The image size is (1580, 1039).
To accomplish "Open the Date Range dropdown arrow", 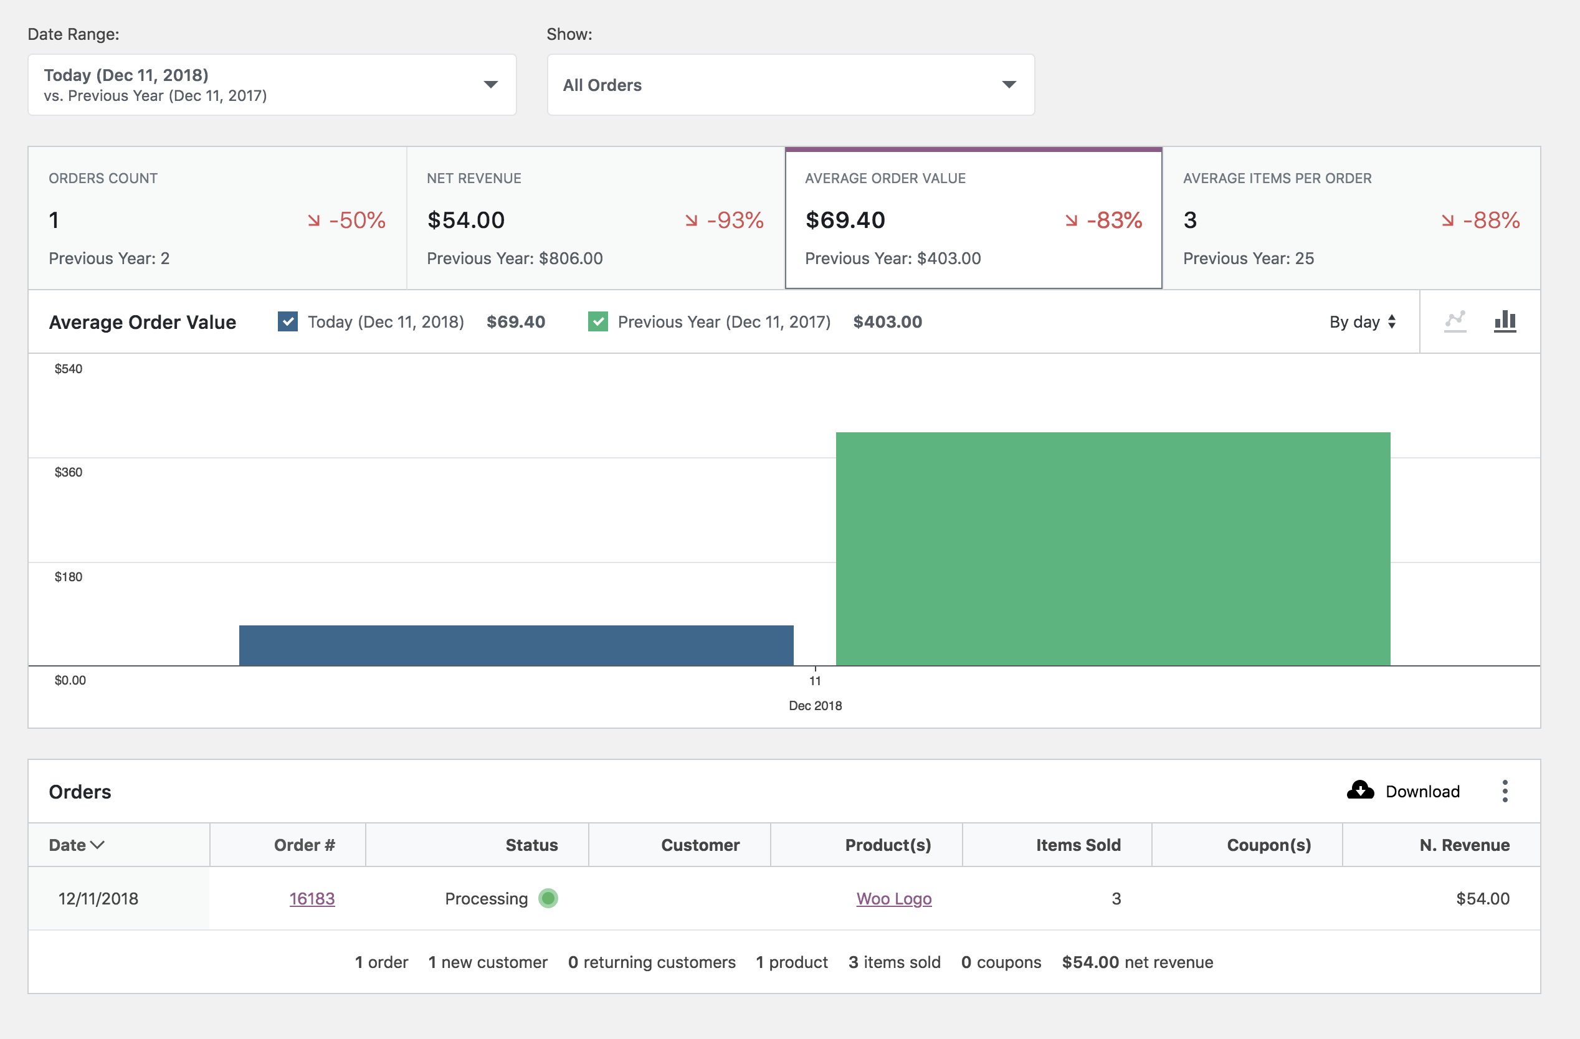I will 490,84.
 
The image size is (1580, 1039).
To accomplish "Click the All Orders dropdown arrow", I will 1009,84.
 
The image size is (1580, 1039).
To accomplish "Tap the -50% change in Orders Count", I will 356,220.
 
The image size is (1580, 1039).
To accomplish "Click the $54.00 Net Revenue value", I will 466,220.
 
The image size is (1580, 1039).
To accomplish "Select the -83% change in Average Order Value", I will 1114,220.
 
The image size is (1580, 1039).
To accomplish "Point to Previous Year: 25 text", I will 1248,259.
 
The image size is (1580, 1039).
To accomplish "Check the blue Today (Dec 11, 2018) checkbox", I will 287,322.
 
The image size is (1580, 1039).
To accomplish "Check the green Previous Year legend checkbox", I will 597,322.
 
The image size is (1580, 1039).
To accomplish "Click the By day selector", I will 1363,322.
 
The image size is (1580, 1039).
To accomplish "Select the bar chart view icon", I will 1505,321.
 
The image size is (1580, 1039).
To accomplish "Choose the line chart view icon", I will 1455,321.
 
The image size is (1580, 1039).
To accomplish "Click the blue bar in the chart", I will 516,645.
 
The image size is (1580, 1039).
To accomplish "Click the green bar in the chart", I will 1113,548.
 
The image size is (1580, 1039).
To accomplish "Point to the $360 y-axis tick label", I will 69,472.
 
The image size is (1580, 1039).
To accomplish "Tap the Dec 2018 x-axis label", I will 814,706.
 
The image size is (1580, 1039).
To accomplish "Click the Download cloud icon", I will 1360,790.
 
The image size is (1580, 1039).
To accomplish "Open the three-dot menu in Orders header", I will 1505,790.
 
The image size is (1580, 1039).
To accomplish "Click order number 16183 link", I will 312,898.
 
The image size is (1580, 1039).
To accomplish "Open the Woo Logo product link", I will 893,898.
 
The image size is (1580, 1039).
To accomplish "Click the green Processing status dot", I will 548,898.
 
